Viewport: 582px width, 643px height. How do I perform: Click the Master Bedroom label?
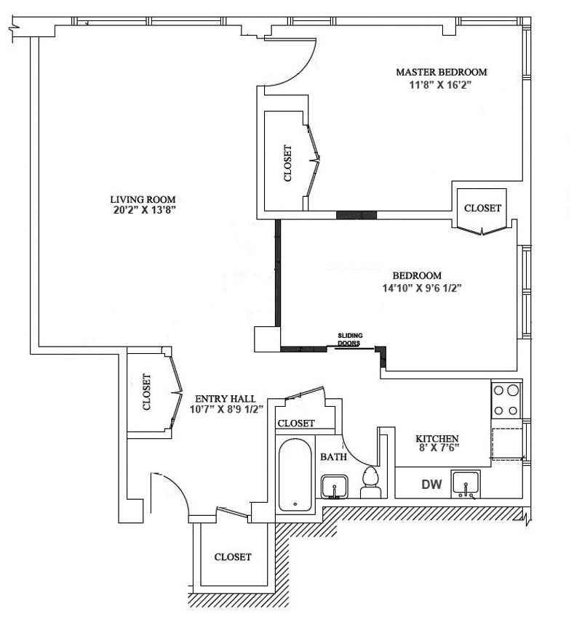(441, 73)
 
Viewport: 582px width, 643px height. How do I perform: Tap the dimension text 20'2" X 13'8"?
(143, 211)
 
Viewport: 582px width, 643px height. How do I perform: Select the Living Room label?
(143, 199)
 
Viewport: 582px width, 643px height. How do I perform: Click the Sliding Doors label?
(350, 339)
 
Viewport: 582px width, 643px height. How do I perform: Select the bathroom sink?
(335, 485)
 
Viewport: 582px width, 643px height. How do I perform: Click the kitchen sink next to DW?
(466, 483)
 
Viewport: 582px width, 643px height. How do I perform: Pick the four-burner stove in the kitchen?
(506, 400)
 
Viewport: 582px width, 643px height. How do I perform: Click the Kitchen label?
(436, 439)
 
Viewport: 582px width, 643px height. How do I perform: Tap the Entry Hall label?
(225, 399)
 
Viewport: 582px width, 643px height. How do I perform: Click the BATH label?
(333, 457)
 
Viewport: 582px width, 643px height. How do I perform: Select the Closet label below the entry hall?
(233, 557)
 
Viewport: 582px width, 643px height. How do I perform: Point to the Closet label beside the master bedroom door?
(287, 163)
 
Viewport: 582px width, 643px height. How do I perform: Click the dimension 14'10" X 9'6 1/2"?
(418, 287)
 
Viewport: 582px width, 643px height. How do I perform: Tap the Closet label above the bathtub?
(296, 423)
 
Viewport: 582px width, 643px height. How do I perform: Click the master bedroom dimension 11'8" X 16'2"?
(441, 84)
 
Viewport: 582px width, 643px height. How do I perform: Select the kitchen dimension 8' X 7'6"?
(436, 449)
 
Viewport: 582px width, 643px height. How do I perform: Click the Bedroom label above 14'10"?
(418, 275)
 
